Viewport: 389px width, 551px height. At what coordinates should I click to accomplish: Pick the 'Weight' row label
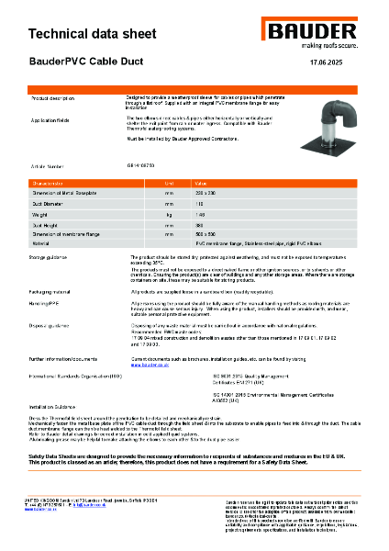click(42, 212)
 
